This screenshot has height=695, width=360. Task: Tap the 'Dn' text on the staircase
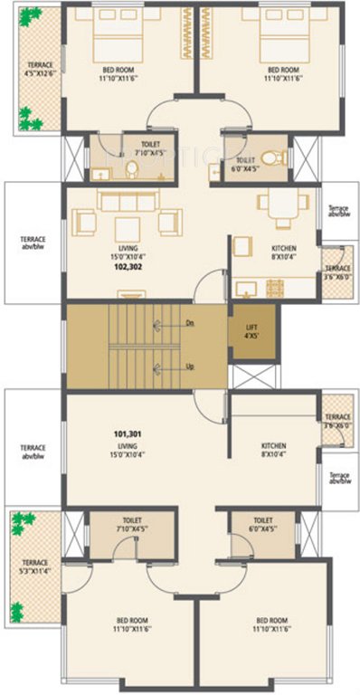point(189,321)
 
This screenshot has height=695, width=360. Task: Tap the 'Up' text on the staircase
point(189,367)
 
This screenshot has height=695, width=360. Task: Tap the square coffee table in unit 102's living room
point(126,226)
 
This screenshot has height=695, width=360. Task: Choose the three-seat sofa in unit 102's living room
point(117,201)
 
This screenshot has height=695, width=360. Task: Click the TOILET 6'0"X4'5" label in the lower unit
point(263,525)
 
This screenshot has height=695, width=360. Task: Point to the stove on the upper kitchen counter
point(273,289)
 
